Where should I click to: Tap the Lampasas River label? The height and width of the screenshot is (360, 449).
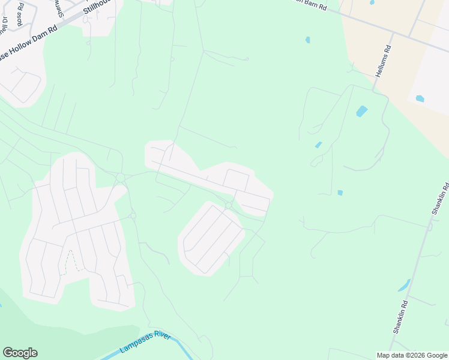[x=145, y=342]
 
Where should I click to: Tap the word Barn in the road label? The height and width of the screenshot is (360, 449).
[x=310, y=4]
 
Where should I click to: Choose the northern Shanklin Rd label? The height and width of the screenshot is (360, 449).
[x=439, y=197]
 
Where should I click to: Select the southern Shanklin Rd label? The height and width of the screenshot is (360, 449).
[x=400, y=317]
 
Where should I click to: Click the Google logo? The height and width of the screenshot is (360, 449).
[x=20, y=353]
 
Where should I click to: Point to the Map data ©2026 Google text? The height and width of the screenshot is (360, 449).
[x=411, y=355]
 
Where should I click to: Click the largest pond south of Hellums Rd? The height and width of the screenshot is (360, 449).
[x=361, y=111]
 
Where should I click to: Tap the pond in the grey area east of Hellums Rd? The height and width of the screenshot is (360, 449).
[x=420, y=98]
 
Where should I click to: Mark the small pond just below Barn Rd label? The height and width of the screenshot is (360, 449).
[x=308, y=40]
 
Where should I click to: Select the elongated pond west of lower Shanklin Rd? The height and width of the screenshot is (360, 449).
[x=403, y=285]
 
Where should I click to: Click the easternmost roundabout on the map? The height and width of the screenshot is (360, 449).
[x=229, y=206]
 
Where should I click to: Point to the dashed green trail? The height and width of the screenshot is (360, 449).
[x=71, y=262]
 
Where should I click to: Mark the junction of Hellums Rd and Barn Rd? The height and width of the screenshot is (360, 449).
[x=393, y=34]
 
